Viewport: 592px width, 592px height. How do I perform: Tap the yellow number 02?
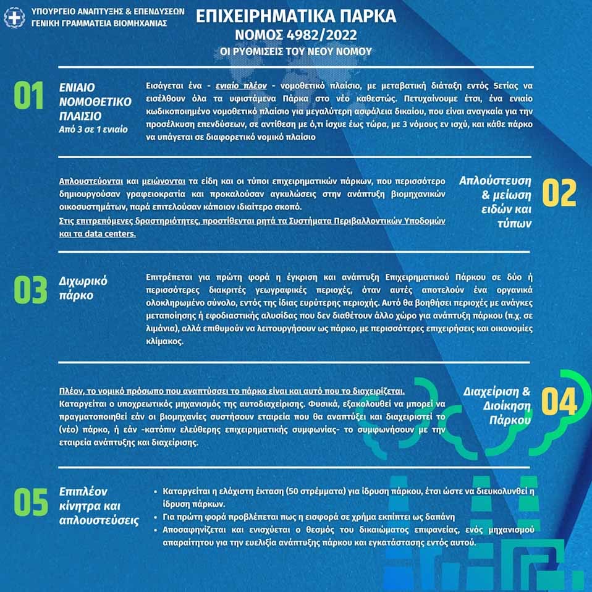coord(559,193)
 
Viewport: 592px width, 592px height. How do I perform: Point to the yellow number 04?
coord(559,401)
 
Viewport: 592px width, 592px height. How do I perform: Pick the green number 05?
coord(31,502)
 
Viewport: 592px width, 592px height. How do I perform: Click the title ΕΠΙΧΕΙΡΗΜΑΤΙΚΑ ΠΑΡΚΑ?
coord(296,16)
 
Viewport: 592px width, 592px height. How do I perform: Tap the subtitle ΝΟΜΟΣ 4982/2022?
coord(296,35)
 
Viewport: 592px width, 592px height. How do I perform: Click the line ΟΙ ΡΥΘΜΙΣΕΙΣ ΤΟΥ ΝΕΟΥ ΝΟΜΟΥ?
coord(296,51)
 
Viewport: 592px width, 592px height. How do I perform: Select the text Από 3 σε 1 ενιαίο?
coord(93,129)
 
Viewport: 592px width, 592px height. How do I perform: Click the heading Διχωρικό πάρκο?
coord(83,288)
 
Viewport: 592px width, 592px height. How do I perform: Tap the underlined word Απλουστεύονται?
coord(91,182)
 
